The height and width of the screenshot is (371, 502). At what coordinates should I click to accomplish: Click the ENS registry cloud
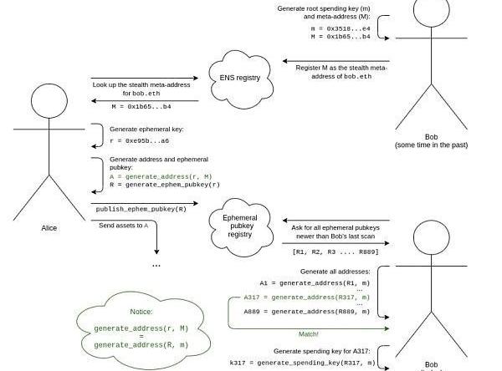coord(240,77)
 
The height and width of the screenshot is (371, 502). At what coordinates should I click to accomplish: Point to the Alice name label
coord(49,227)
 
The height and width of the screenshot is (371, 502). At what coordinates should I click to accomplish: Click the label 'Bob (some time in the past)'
coord(431,140)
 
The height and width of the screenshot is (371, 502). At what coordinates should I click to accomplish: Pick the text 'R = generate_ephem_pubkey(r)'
coord(159,185)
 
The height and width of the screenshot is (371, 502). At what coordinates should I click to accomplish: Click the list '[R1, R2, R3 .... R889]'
coord(335,252)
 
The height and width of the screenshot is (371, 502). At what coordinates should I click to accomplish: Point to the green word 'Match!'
coord(309,333)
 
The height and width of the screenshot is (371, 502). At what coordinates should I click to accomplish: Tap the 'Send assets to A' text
coord(123,226)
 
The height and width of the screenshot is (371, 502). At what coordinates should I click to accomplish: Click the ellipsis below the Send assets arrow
coord(156,265)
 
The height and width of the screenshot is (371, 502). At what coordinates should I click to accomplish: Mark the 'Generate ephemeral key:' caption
coord(146,130)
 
